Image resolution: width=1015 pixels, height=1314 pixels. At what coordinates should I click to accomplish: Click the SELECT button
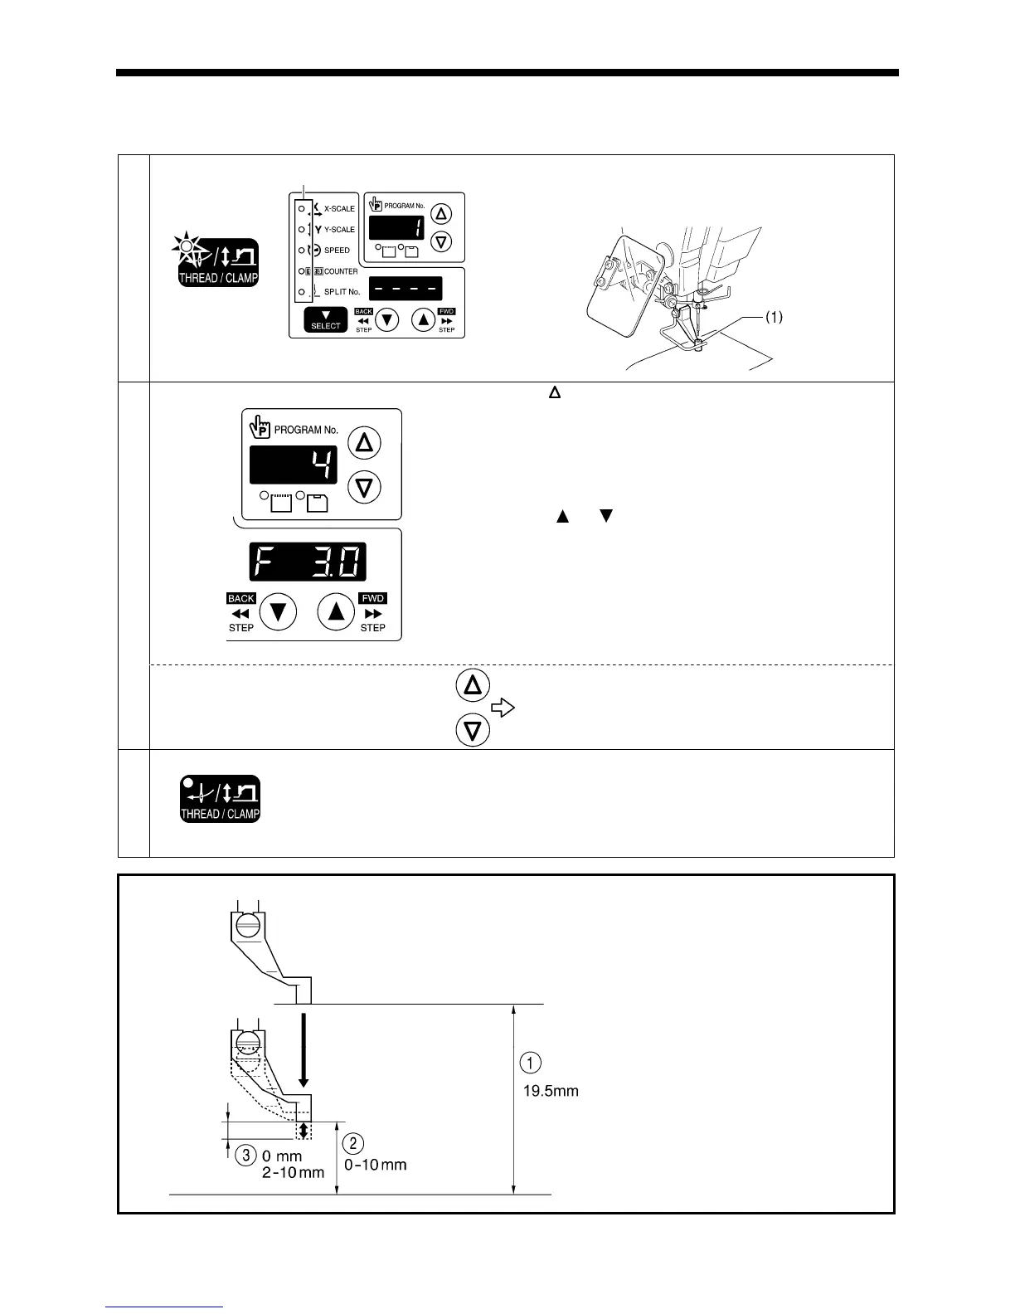pos(325,320)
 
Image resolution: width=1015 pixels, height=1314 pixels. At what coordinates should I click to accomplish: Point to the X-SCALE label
pos(338,209)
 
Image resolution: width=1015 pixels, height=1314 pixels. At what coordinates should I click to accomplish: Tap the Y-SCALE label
pos(338,230)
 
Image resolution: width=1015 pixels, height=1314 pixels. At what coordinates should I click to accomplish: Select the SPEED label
pos(337,251)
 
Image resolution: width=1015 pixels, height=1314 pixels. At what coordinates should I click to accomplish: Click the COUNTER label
pos(341,271)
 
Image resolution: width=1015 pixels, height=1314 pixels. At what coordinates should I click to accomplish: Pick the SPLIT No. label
pos(342,292)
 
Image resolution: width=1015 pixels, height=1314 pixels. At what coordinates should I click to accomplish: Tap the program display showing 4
pos(294,465)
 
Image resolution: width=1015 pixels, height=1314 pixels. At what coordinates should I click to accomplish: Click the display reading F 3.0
pos(308,562)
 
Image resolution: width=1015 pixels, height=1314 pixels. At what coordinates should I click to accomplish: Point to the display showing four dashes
pos(406,288)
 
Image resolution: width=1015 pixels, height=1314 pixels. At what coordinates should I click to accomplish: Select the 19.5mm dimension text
pos(551,1091)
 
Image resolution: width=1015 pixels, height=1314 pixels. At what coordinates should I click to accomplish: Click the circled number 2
pos(352,1143)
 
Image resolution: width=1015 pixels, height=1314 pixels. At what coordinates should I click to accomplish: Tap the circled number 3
pos(245,1155)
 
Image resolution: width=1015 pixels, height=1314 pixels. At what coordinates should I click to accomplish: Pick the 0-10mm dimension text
pos(376,1165)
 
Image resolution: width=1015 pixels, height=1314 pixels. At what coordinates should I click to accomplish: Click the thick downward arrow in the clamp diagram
pos(304,1047)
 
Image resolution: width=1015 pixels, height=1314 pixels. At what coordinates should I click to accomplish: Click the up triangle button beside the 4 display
pos(364,443)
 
